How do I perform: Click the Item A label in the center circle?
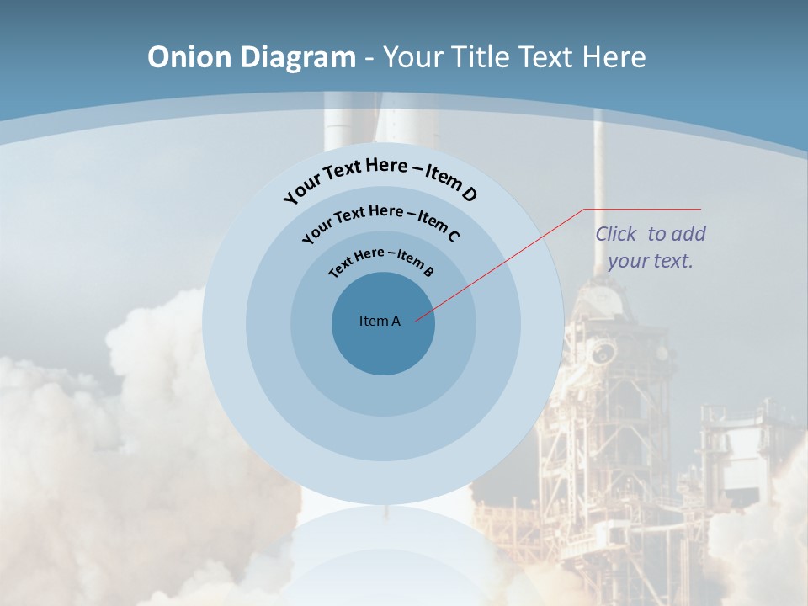pyautogui.click(x=380, y=321)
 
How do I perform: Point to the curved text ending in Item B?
pyautogui.click(x=381, y=258)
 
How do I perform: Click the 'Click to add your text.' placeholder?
pyautogui.click(x=651, y=247)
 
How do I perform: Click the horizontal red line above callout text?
pyautogui.click(x=642, y=209)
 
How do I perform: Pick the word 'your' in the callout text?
pyautogui.click(x=627, y=261)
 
